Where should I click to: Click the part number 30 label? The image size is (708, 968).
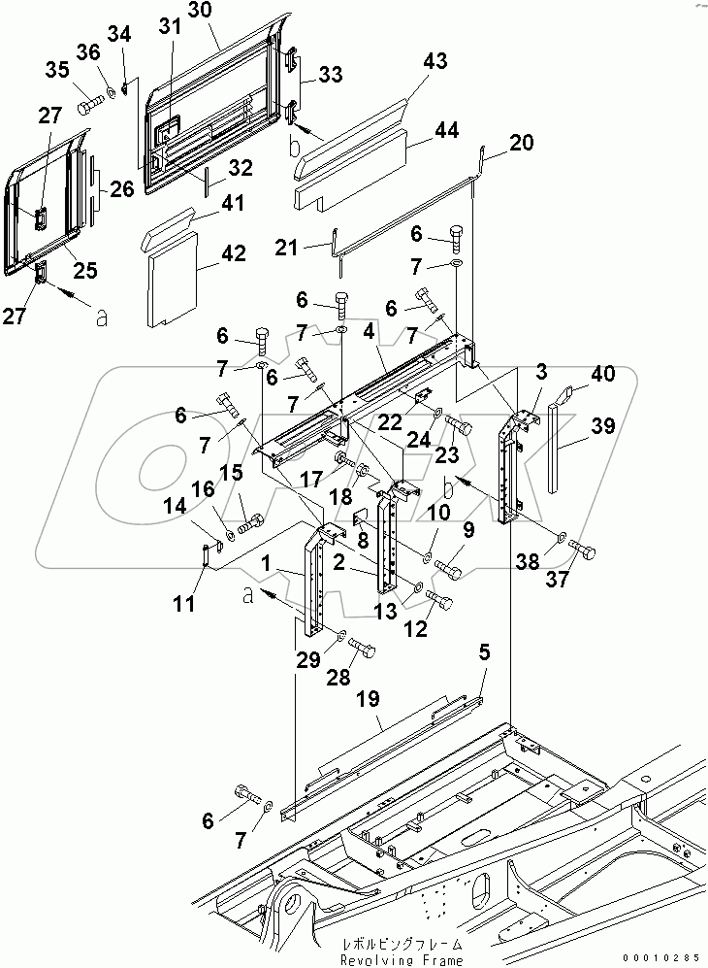(199, 13)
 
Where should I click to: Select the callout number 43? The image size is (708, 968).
(435, 61)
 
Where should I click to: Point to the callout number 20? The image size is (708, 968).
(520, 143)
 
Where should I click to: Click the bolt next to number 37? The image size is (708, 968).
(585, 550)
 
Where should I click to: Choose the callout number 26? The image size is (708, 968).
(121, 189)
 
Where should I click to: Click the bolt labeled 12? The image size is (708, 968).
(441, 603)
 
